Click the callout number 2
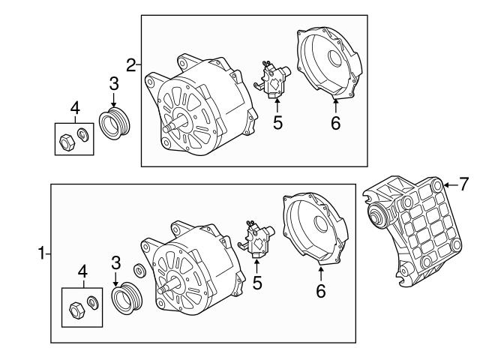pos(130,64)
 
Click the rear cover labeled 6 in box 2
pos(329,64)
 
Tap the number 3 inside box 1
pos(116,262)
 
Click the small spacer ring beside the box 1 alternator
pos(139,270)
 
